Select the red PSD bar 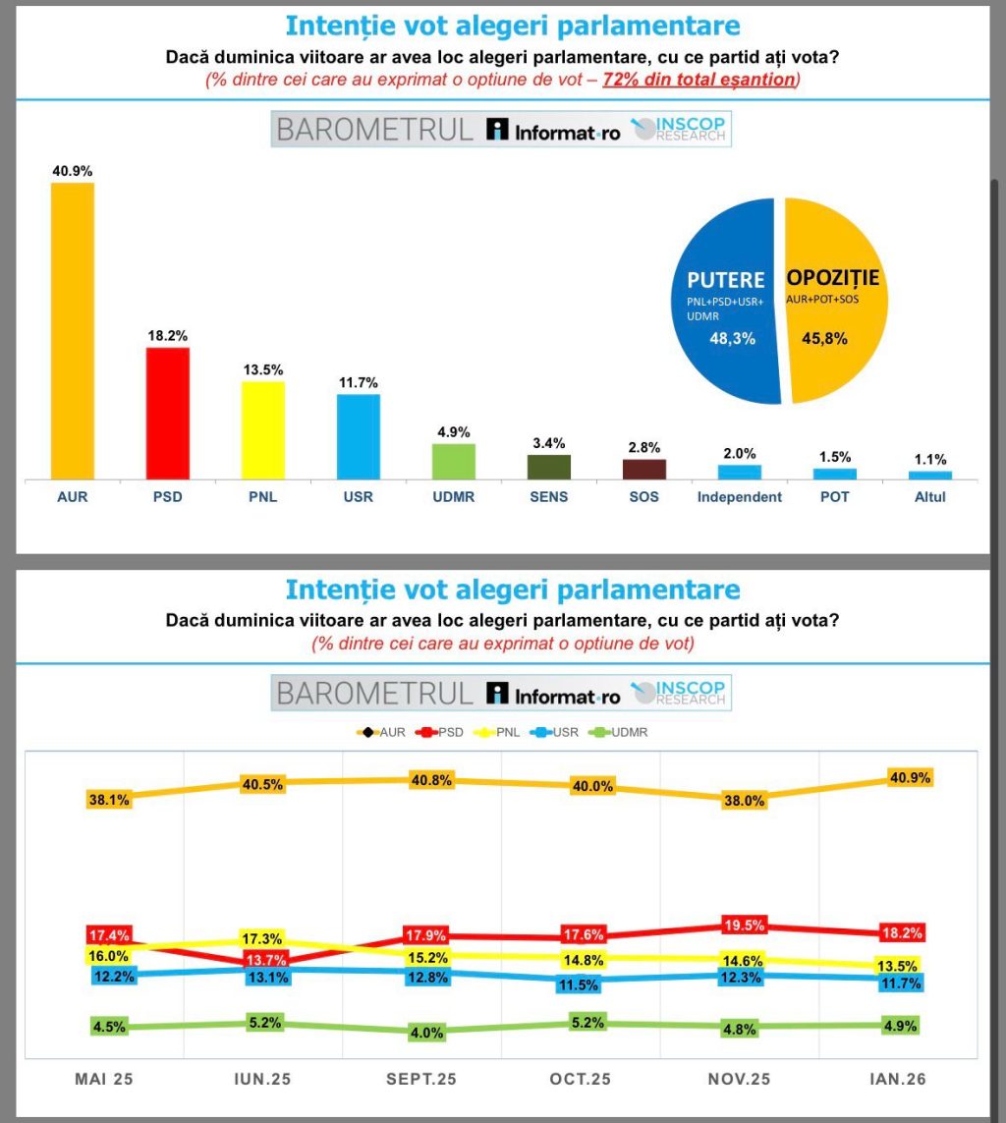[x=167, y=413]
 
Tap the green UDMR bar [x=454, y=461]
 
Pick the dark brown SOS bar [x=644, y=469]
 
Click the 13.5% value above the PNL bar [x=262, y=369]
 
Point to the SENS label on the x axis [x=548, y=497]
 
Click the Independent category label [x=740, y=497]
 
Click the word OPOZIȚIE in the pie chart [x=833, y=279]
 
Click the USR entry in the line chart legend [x=557, y=732]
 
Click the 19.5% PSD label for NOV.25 [x=743, y=926]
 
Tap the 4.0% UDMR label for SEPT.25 [x=426, y=1033]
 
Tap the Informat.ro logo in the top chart [x=555, y=131]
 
